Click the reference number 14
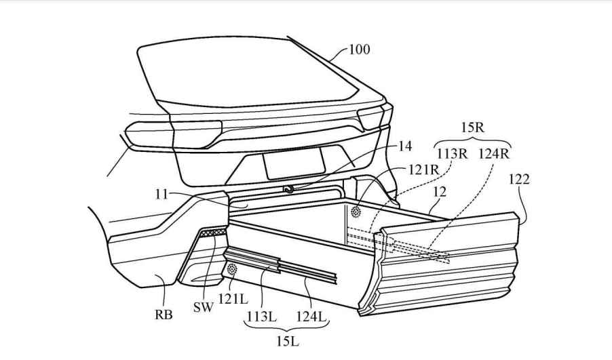(x=405, y=146)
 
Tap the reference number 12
(x=440, y=193)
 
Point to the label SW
(x=203, y=306)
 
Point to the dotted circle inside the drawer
(x=356, y=212)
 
